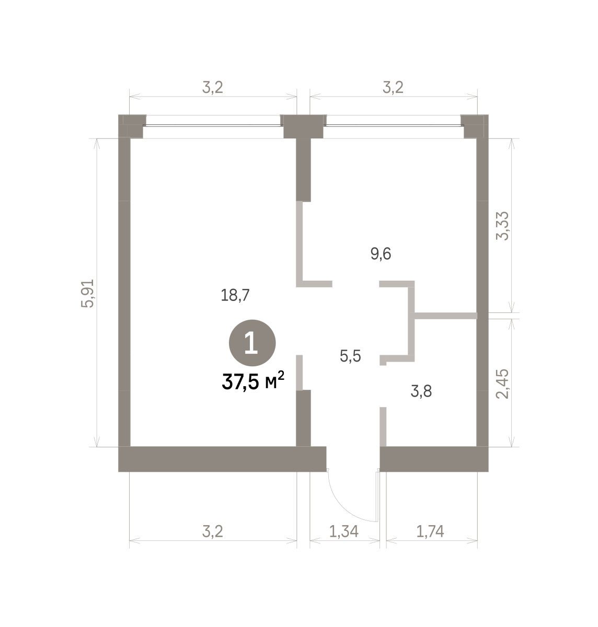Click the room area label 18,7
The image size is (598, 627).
[x=235, y=295]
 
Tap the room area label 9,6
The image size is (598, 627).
[x=381, y=254]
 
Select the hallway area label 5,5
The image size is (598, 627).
[x=350, y=356]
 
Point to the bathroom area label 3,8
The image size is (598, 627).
[x=421, y=391]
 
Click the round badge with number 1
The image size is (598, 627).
[x=252, y=343]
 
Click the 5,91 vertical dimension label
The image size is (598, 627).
[x=88, y=293]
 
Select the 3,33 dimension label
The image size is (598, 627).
[x=502, y=226]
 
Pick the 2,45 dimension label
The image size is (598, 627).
[x=502, y=384]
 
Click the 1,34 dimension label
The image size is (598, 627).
[x=343, y=531]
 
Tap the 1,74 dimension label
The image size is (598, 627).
[x=430, y=531]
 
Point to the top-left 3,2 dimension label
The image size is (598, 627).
[x=213, y=87]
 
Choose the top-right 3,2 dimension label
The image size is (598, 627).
[x=393, y=87]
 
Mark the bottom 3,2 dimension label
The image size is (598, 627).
[x=213, y=531]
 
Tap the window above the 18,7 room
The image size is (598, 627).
[x=213, y=125]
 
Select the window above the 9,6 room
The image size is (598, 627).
[x=394, y=125]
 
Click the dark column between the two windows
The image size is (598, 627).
[x=303, y=126]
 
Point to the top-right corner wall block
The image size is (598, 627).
[x=476, y=126]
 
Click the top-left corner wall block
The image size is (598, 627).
[x=132, y=126]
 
